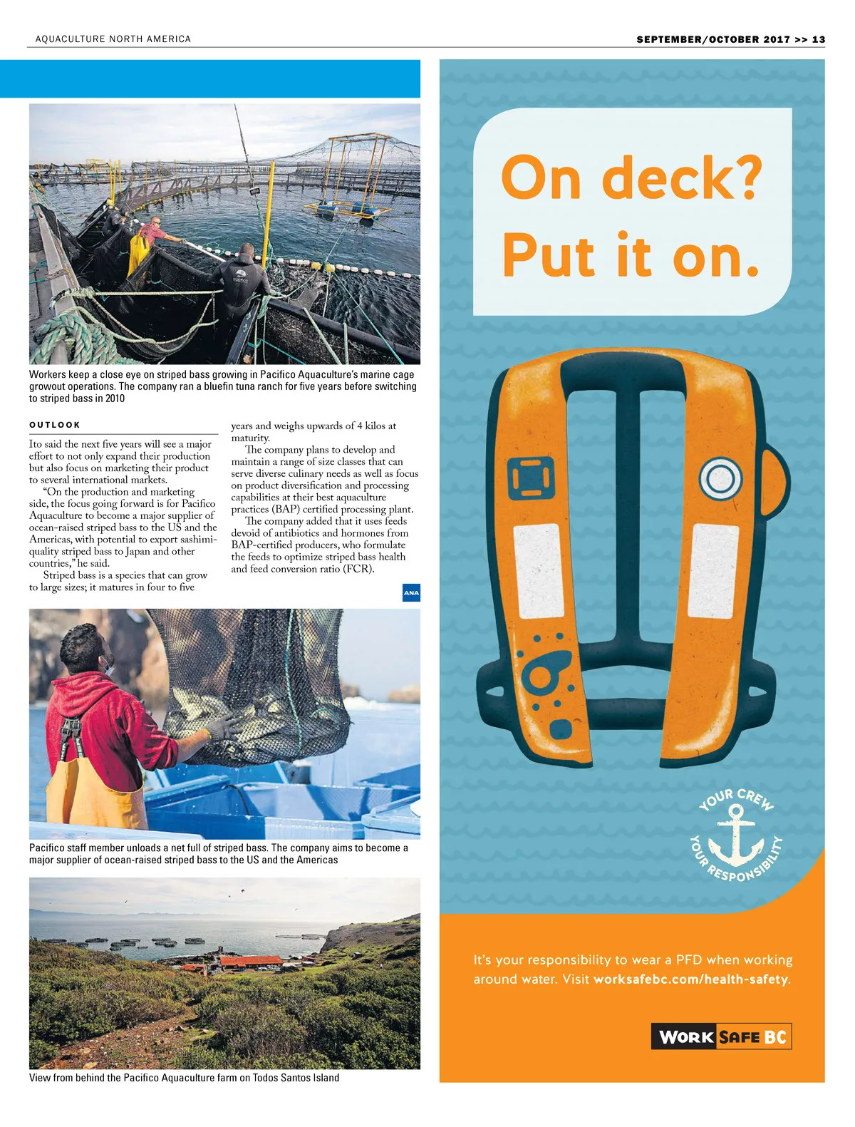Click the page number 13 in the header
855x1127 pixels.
(x=818, y=40)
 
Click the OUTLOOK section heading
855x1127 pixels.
(x=55, y=425)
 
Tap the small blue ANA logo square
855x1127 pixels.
(x=411, y=592)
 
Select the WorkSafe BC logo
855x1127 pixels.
(x=721, y=1036)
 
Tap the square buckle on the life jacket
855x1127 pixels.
(x=532, y=478)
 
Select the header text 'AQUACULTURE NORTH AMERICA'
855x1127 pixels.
(x=113, y=39)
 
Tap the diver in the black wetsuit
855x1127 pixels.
(x=241, y=282)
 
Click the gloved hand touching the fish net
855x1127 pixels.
(x=221, y=729)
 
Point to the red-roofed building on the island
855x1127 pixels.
(x=251, y=962)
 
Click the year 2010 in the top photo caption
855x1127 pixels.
(x=114, y=398)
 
